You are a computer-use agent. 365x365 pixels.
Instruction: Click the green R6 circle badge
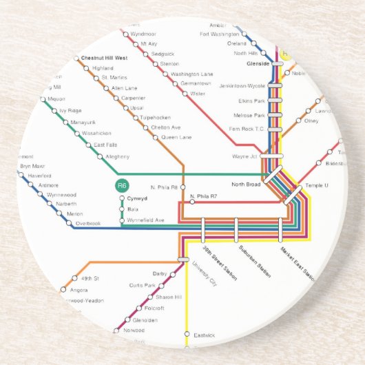(122, 185)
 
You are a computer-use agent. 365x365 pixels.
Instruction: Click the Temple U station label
(317, 185)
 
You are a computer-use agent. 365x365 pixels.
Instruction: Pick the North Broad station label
(246, 184)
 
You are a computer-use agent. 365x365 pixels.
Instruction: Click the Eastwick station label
(205, 335)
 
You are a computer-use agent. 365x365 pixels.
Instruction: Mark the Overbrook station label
(88, 224)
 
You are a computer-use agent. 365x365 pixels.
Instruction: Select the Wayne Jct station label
(244, 157)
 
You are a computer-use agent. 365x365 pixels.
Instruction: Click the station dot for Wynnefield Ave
(122, 220)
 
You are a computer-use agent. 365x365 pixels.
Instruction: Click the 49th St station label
(90, 278)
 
